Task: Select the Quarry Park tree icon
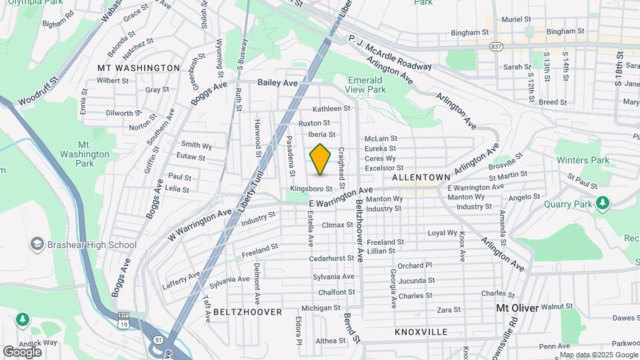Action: click(x=603, y=201)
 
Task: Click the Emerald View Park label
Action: click(x=367, y=85)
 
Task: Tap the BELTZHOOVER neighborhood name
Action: click(x=248, y=312)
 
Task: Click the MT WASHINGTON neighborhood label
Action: click(x=139, y=68)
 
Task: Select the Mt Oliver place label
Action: click(x=517, y=308)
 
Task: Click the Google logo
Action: click(x=22, y=351)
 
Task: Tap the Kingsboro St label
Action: click(x=311, y=189)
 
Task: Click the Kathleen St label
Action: click(x=331, y=108)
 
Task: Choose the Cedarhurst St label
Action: click(x=331, y=257)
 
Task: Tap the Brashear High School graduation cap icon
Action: click(x=37, y=245)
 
